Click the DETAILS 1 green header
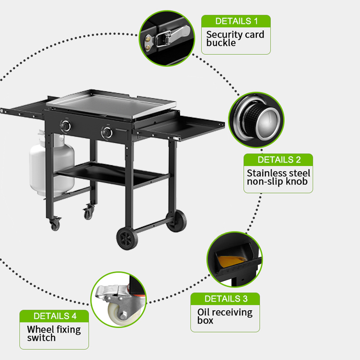coord(236,21)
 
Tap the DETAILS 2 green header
coord(278,160)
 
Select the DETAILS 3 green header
coord(225,299)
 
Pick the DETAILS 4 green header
coord(54,316)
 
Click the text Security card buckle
coord(235,39)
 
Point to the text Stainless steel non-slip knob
coord(278,177)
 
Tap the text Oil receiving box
coord(225,316)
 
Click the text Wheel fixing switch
coord(54,333)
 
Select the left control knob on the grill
coord(66,126)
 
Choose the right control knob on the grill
coord(107,132)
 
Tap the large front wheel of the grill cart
coord(127,239)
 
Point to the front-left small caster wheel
coord(55,224)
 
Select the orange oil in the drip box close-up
coord(231,261)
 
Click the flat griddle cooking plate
coord(111,104)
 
